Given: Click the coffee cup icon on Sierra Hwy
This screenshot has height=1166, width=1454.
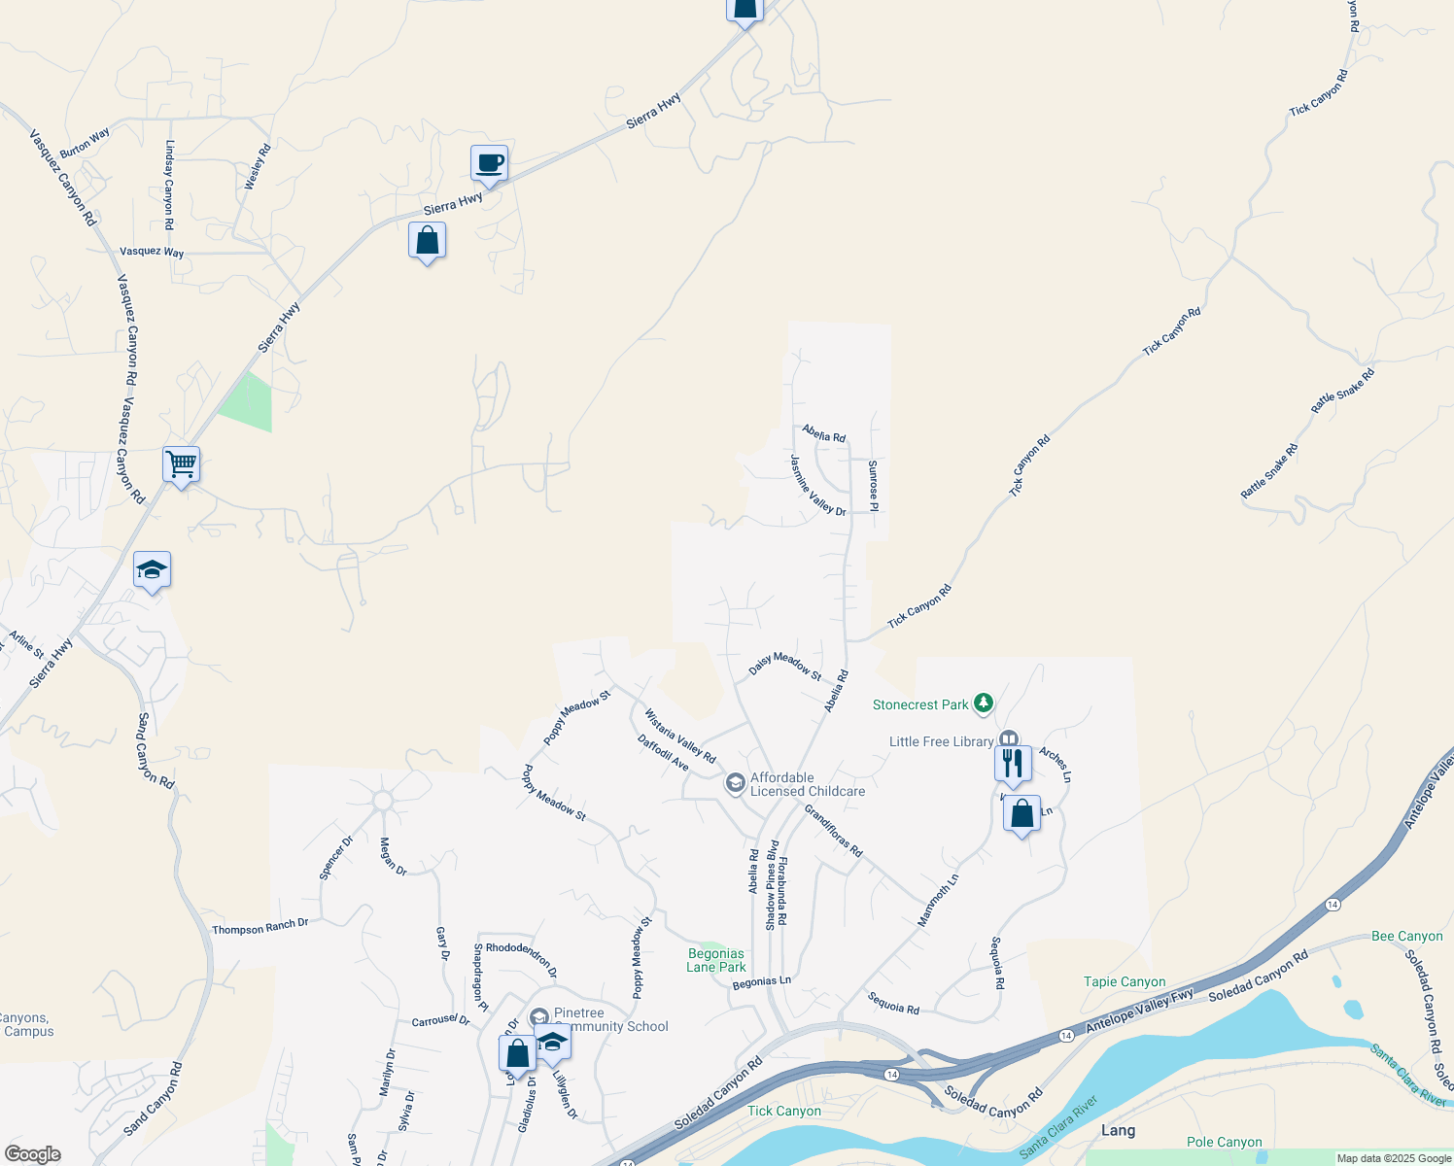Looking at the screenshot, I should (489, 163).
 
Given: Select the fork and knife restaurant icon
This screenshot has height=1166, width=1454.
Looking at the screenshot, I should (1013, 764).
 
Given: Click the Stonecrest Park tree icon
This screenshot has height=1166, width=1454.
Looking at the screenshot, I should (985, 703).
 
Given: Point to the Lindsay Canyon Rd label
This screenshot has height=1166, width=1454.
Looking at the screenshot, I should (170, 185).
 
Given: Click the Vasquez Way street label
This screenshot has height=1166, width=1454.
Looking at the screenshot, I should (152, 252).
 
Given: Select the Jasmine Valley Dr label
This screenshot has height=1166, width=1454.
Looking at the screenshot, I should (817, 485).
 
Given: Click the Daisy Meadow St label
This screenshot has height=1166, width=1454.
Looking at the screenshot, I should (784, 666).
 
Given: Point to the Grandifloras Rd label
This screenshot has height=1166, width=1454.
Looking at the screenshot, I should (833, 829).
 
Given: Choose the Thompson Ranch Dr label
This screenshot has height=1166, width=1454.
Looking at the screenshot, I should (260, 927).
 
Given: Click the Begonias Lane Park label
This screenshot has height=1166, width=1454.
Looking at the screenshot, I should (716, 960).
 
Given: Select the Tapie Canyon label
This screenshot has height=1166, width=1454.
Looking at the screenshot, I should (1125, 981).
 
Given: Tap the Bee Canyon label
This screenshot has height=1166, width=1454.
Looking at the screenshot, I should (1406, 936).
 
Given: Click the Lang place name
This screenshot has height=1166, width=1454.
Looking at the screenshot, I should (1118, 1130).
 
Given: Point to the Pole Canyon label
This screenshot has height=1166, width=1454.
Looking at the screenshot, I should (1224, 1142).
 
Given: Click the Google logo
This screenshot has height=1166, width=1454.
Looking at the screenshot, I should (32, 1154).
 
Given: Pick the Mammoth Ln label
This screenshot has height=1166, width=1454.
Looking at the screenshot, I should (938, 900).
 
